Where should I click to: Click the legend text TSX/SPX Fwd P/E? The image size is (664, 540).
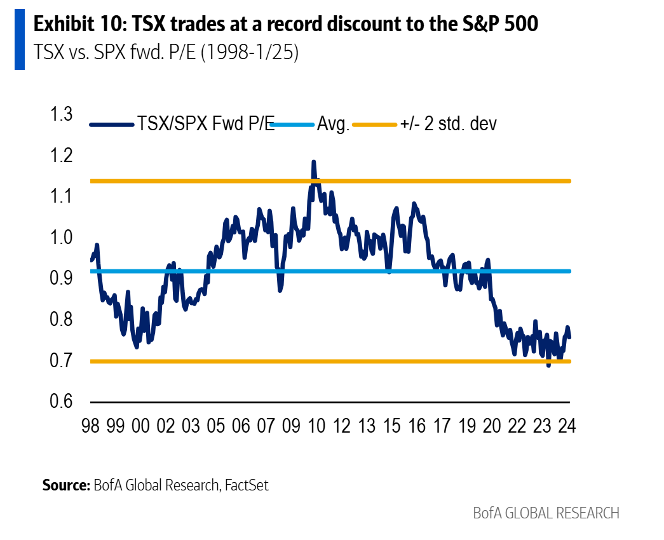206,124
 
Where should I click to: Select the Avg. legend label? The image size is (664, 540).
334,124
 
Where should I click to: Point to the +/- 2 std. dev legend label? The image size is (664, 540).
449,124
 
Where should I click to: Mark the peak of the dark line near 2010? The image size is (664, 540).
313,163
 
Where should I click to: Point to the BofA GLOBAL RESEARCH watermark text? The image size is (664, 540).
546,513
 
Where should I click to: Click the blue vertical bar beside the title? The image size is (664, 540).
19,39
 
